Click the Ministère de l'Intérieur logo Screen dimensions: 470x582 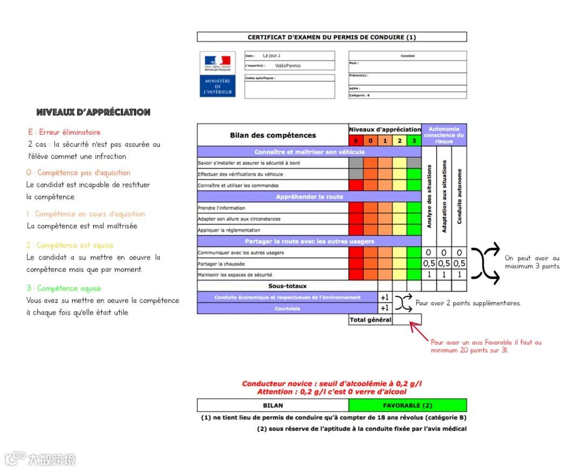(x=217, y=74)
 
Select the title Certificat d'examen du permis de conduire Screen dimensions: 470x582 (x=331, y=37)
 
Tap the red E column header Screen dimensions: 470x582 (x=356, y=141)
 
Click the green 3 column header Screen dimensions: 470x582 (x=414, y=141)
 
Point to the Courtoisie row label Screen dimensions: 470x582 (x=287, y=309)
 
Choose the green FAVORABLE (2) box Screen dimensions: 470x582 (x=407, y=405)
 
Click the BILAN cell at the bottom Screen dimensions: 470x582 (x=273, y=405)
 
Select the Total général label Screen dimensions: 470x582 (x=370, y=320)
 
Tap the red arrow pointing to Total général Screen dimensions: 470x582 (x=419, y=330)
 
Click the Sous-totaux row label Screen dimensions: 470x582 (x=287, y=286)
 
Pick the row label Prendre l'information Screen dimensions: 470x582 (x=221, y=208)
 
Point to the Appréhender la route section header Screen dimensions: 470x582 (x=309, y=197)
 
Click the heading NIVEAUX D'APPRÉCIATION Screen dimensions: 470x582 (x=93, y=113)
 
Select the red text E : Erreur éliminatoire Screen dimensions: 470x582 (x=64, y=132)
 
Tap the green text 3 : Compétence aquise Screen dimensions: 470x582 (x=64, y=288)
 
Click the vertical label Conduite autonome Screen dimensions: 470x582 (x=459, y=196)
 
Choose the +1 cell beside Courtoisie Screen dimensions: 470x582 (x=384, y=308)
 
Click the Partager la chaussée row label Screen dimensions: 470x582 (x=221, y=264)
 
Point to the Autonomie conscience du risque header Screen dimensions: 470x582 (x=444, y=135)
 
